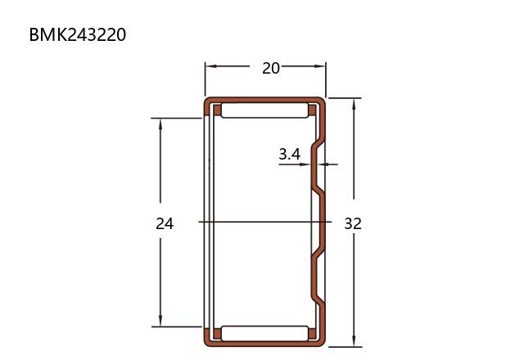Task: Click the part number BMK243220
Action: [x=78, y=34]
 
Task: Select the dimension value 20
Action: [x=271, y=69]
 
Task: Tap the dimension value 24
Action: [x=165, y=223]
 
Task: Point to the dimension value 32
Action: [x=353, y=223]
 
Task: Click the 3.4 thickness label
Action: [x=289, y=155]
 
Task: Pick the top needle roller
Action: [x=264, y=110]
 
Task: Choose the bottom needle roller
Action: [x=264, y=333]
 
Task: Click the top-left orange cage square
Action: [x=217, y=110]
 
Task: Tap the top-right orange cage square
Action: [x=313, y=110]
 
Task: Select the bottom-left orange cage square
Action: [x=217, y=334]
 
